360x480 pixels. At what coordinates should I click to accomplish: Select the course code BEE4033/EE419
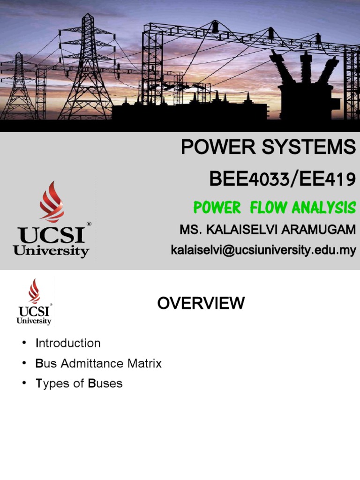click(282, 179)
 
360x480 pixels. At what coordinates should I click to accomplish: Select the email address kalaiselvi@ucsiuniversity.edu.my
click(263, 250)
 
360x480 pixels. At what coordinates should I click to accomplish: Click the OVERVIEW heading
click(201, 303)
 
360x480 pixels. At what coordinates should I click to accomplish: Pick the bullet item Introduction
click(68, 343)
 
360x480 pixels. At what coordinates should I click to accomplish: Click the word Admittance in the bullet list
click(91, 363)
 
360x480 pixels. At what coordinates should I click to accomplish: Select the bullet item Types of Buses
click(79, 383)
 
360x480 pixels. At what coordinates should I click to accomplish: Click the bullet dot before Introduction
click(24, 344)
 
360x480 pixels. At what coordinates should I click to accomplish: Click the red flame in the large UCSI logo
click(52, 202)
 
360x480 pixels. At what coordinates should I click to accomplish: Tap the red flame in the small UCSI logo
click(34, 291)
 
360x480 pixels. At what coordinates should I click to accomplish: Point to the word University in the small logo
click(34, 321)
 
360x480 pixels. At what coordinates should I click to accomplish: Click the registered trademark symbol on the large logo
click(89, 224)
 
